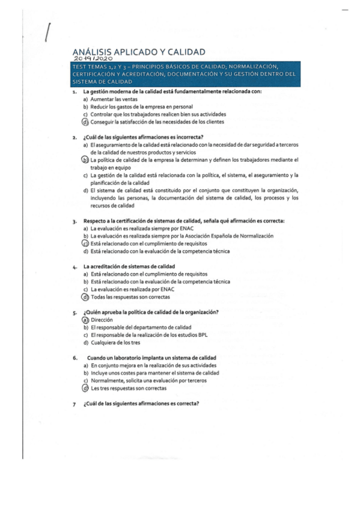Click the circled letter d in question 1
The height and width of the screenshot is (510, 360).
click(x=85, y=121)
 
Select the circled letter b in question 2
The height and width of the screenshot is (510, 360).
click(x=85, y=160)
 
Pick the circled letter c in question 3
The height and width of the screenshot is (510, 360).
click(x=85, y=244)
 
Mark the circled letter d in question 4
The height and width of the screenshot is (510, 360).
click(x=85, y=296)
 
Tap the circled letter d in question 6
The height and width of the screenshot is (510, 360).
click(x=85, y=389)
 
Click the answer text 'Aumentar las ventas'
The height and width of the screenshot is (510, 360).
click(x=112, y=99)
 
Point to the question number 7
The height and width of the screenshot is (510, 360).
click(x=74, y=404)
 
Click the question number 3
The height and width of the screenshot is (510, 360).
click(x=74, y=221)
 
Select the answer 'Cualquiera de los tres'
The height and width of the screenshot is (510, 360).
click(x=117, y=343)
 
